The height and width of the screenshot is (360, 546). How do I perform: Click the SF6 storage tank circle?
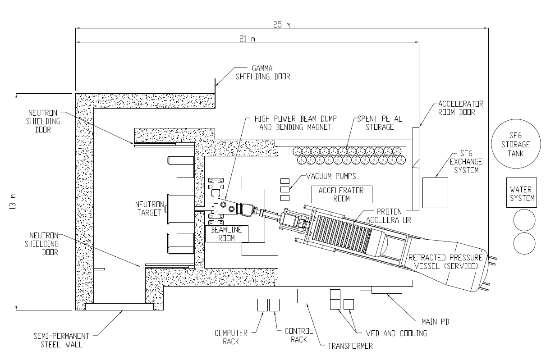(x=514, y=145)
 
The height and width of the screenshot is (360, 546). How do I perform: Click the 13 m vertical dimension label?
(x=12, y=201)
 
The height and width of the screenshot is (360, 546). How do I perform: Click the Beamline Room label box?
(x=223, y=233)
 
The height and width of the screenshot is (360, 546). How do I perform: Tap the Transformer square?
(x=306, y=296)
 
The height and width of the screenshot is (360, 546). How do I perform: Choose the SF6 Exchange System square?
(x=435, y=193)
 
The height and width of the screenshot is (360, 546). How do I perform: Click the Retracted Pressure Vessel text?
(x=445, y=262)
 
